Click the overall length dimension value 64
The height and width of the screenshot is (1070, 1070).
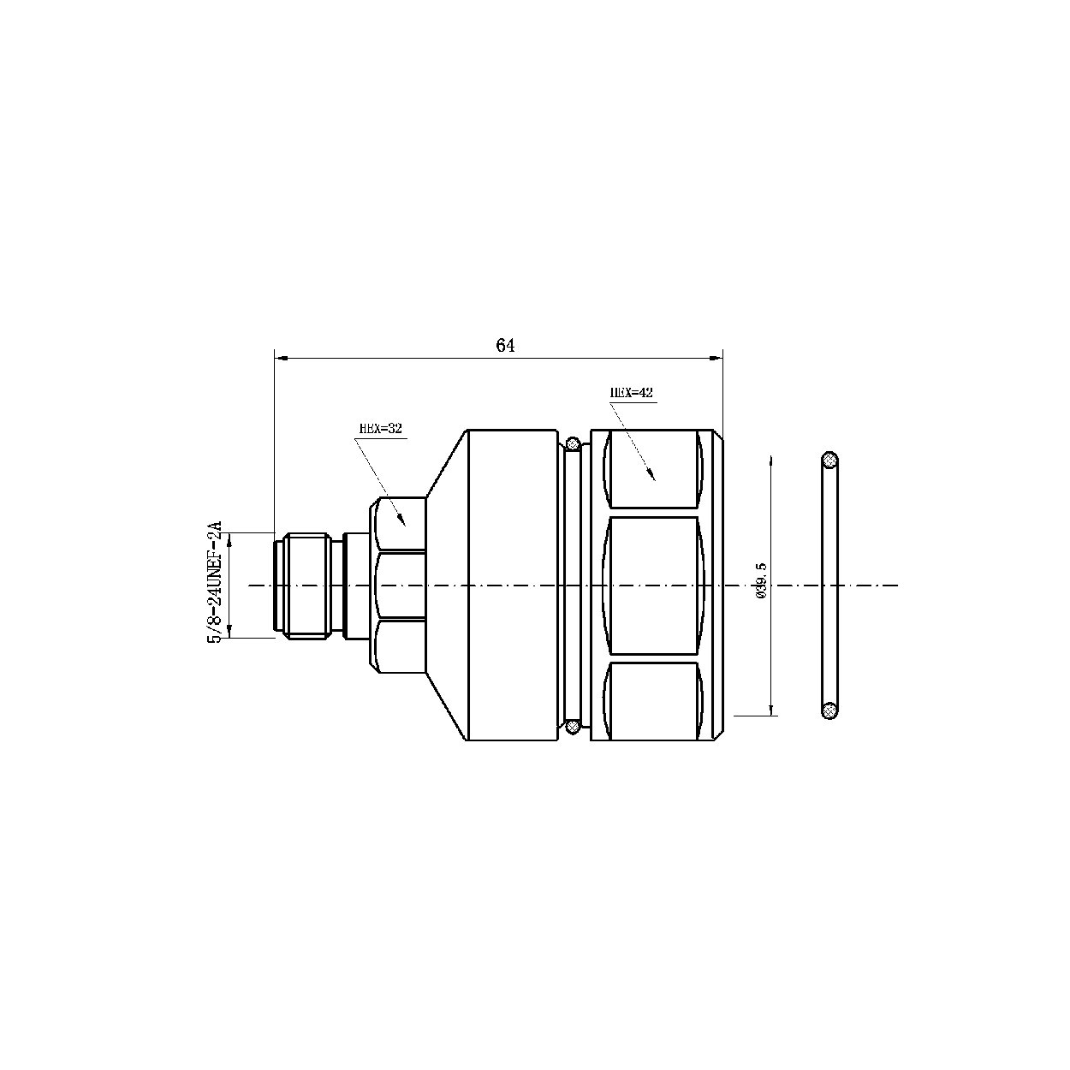(x=505, y=345)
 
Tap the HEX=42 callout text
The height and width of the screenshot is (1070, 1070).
(x=632, y=393)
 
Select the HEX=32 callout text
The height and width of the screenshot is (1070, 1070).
(x=380, y=429)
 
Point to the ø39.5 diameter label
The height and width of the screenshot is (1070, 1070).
(x=761, y=580)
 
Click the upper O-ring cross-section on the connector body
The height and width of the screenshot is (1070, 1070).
(x=573, y=443)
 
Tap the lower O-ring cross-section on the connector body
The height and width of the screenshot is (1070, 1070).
(x=573, y=726)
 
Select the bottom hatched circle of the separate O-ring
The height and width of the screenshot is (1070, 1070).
(x=829, y=710)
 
